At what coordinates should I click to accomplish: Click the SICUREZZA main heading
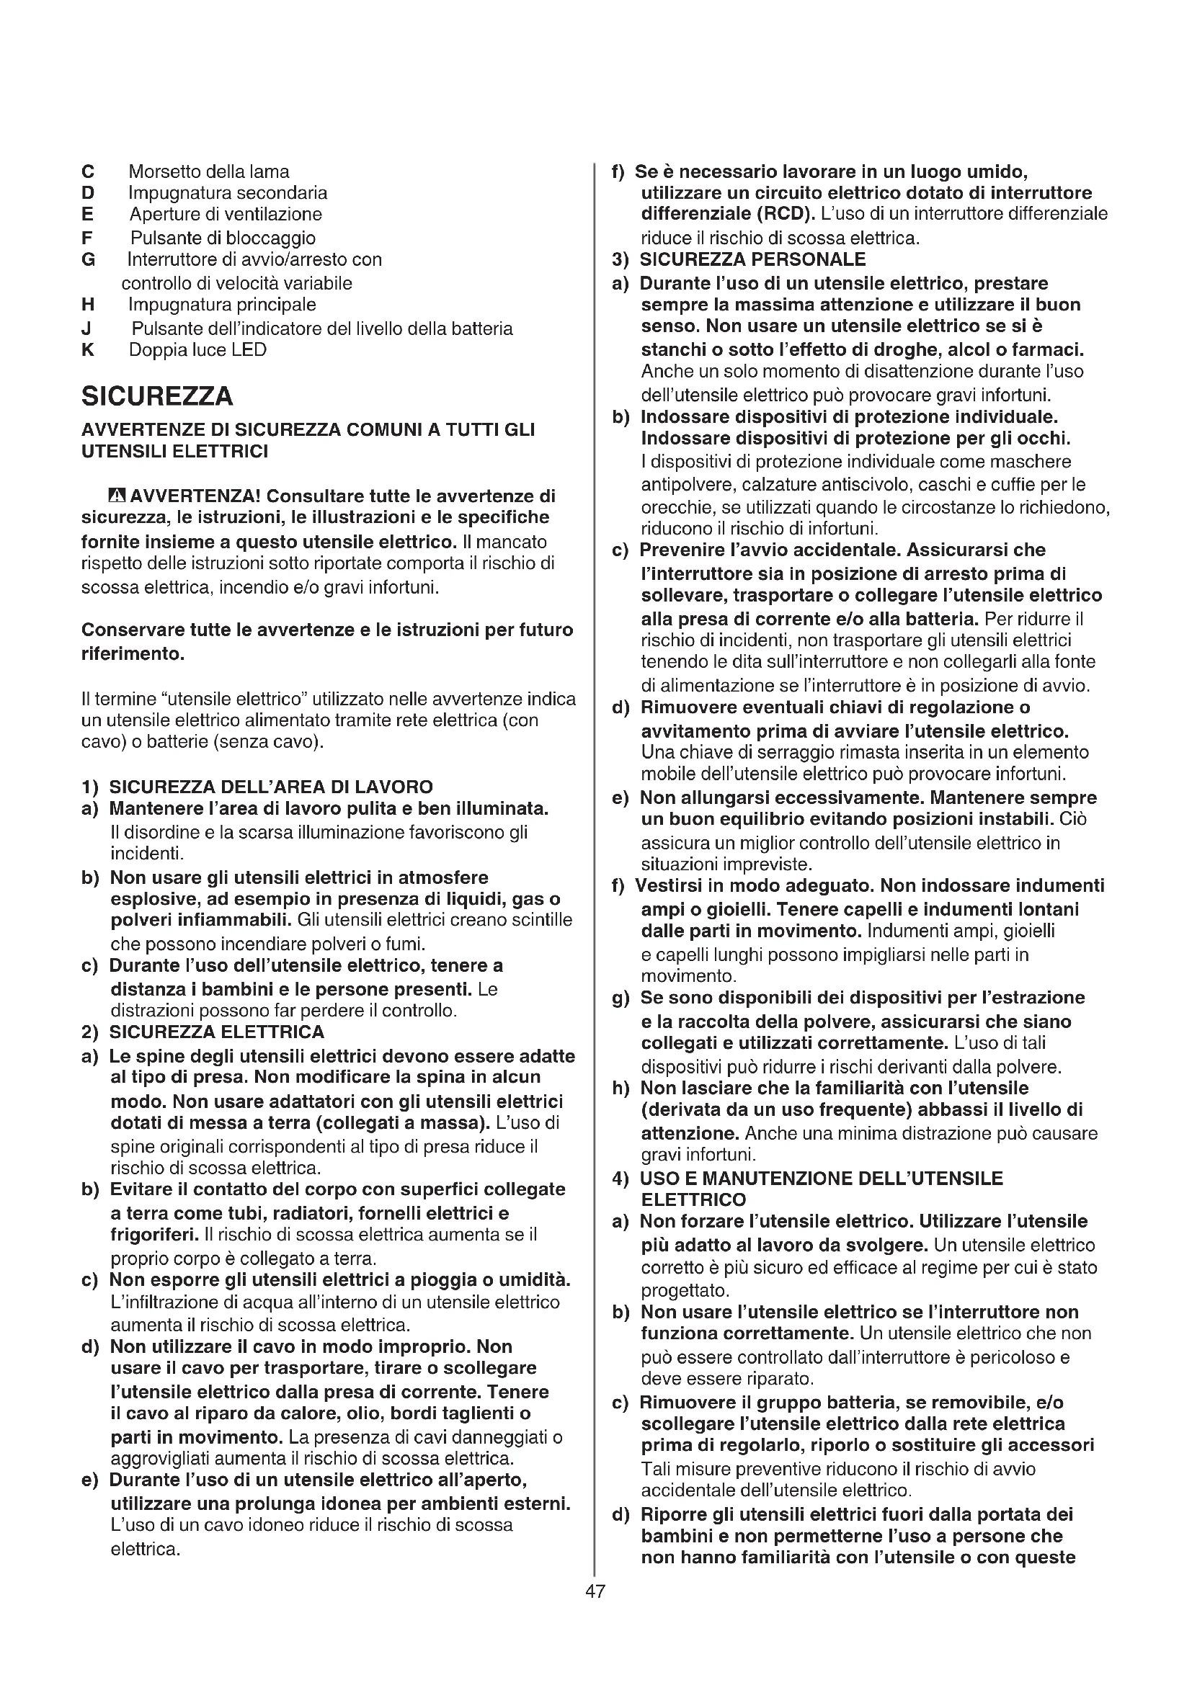[x=157, y=396]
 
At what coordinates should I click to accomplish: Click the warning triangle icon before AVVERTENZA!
[x=117, y=496]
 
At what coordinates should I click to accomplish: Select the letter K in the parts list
[x=88, y=350]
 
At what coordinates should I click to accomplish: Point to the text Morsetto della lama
[x=209, y=171]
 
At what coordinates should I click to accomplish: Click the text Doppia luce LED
[x=197, y=350]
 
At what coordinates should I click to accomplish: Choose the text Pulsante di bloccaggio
[x=223, y=238]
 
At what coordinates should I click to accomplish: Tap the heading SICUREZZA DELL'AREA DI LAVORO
[x=271, y=787]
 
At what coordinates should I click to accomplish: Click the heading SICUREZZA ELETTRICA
[x=216, y=1032]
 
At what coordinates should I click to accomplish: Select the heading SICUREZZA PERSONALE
[x=752, y=259]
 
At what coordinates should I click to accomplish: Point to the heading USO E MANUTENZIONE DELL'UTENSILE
[x=822, y=1178]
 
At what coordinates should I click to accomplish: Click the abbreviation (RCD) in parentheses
[x=784, y=214]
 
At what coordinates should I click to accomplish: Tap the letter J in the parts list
[x=86, y=328]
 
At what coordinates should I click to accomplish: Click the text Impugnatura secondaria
[x=228, y=193]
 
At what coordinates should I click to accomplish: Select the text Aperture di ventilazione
[x=226, y=214]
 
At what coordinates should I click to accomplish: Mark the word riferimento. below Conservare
[x=132, y=653]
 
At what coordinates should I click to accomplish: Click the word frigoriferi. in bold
[x=155, y=1235]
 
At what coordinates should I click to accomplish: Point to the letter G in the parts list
[x=89, y=260]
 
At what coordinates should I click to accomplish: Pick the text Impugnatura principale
[x=223, y=305]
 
